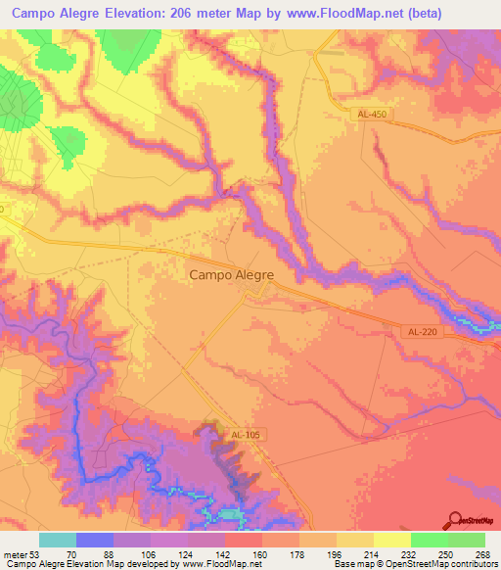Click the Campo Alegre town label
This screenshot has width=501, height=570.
point(230,276)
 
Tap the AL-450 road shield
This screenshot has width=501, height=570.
point(371,116)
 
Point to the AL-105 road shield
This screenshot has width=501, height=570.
point(249,434)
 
